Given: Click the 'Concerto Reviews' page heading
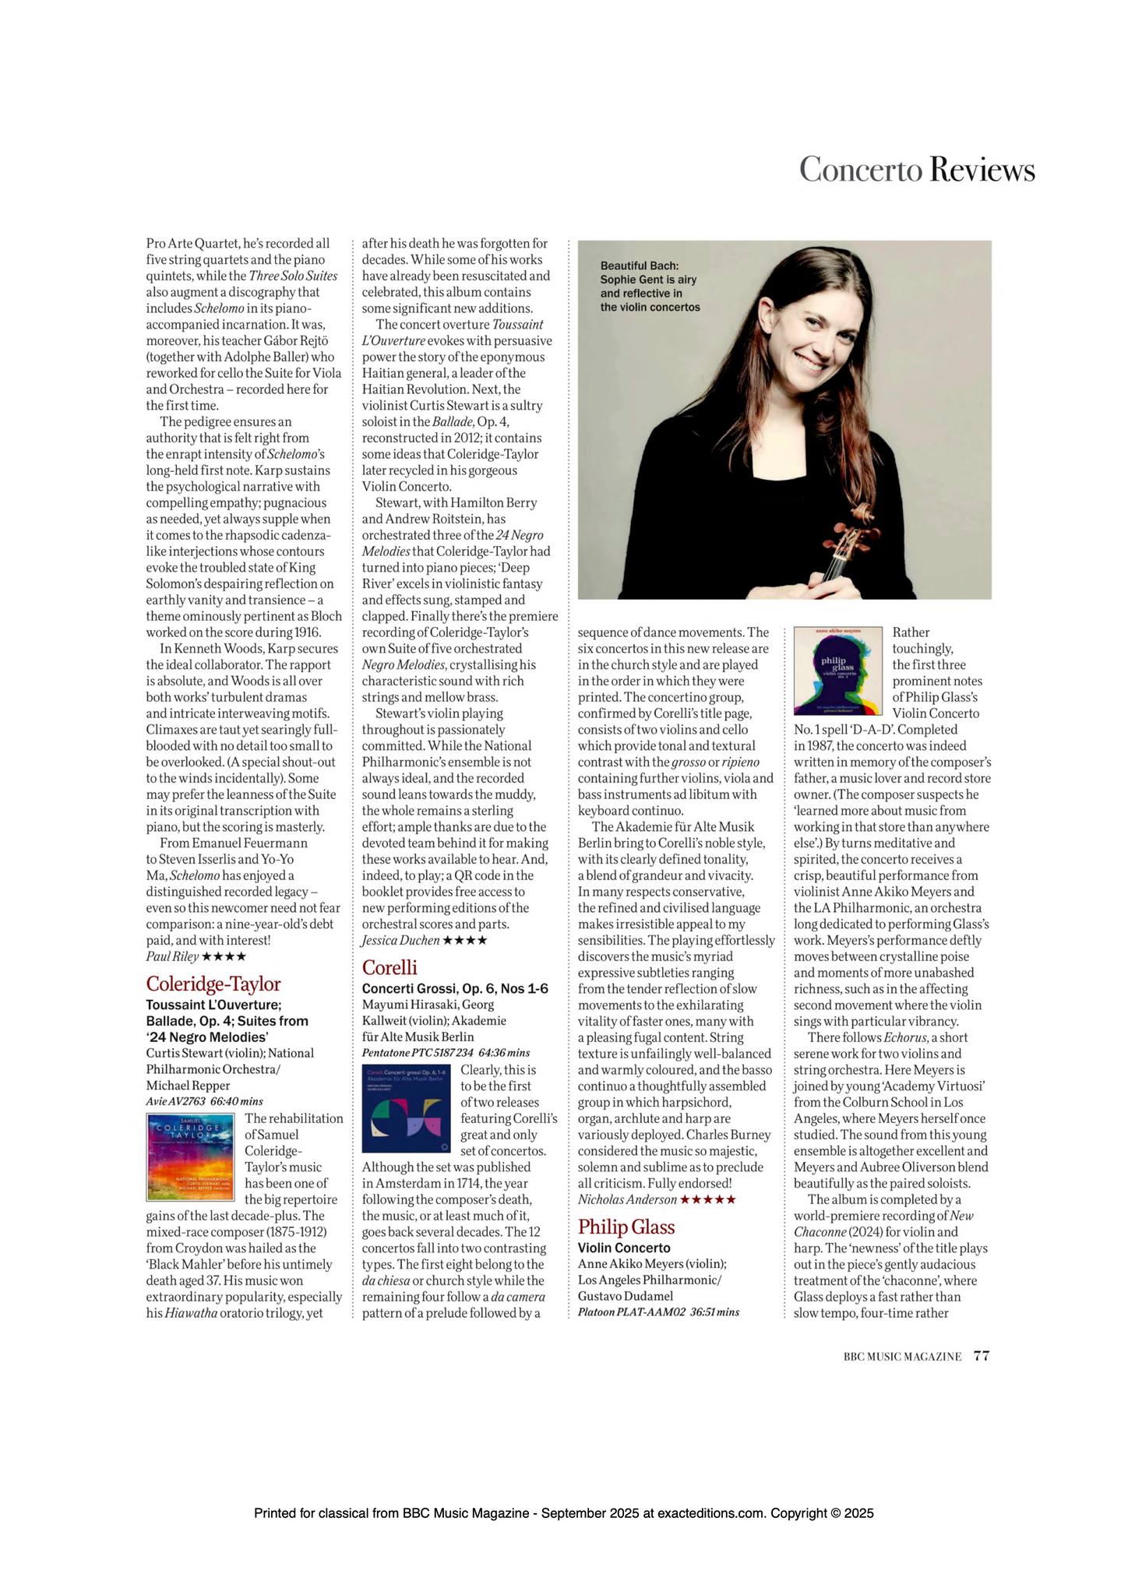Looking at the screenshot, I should coord(917,170).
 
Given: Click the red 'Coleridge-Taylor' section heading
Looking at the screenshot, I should coord(213,984).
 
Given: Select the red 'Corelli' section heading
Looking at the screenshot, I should coord(390,967).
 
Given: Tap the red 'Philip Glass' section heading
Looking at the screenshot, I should coord(626,1227).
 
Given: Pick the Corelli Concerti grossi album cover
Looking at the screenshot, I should coord(406,1108).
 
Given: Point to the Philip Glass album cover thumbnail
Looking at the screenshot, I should coord(837,671).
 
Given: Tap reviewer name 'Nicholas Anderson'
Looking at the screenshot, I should coord(627,1200).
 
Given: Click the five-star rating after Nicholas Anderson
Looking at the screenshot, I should coord(708,1200).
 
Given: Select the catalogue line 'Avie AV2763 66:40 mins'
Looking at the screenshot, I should coord(204,1101).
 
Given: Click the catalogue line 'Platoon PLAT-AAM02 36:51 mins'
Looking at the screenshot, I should coord(658,1312).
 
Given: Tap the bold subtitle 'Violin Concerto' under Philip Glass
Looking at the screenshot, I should coord(624,1248).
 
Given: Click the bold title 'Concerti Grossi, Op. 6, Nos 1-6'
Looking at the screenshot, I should coord(455,988).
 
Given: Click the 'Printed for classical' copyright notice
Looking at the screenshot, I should coord(564,1514).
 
